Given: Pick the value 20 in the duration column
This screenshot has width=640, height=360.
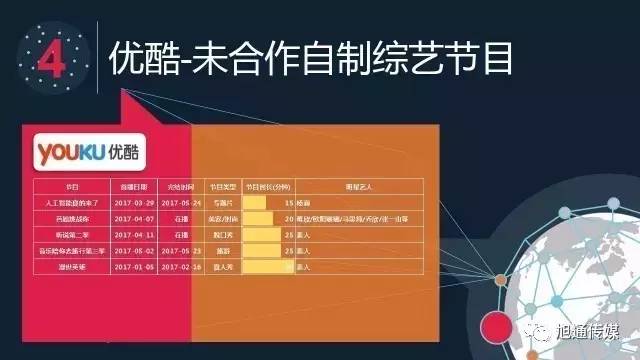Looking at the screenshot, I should pyautogui.click(x=288, y=218).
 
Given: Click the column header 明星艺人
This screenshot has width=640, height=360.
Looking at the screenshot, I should pyautogui.click(x=358, y=186).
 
